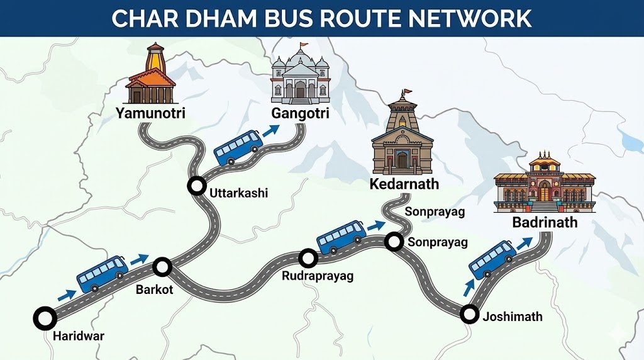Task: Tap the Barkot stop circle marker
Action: coord(163,267)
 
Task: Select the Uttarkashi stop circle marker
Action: coord(197,186)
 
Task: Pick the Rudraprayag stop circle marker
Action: coord(308,257)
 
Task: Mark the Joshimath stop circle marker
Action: coord(469,314)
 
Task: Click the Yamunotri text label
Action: coord(151,114)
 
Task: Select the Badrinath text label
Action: coord(545,222)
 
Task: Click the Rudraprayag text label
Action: coord(318,276)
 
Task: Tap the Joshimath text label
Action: coord(512,317)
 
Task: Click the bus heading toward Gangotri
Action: coord(238,147)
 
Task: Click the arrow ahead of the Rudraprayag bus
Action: coord(376,225)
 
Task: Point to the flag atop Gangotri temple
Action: coord(304,46)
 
